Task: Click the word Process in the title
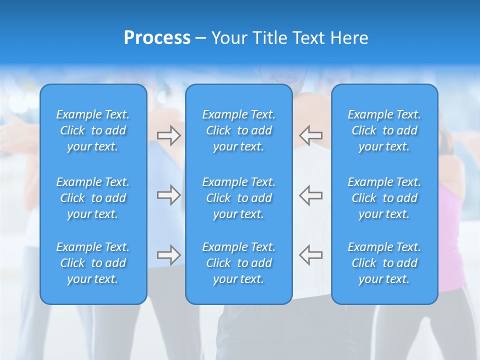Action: tap(157, 38)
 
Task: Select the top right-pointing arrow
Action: tap(168, 135)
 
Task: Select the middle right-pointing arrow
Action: tap(168, 195)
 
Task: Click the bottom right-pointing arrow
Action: tap(168, 255)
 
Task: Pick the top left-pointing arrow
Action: tap(310, 135)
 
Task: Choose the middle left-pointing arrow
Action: tap(310, 195)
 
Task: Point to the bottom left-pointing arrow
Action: tap(310, 255)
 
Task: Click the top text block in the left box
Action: tap(93, 130)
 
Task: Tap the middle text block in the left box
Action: tap(93, 198)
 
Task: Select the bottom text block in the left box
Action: tap(93, 263)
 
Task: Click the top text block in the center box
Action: tap(238, 130)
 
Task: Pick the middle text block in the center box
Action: tap(238, 198)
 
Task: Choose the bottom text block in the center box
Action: tap(238, 263)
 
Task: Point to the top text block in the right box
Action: tap(384, 130)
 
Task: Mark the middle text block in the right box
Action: tap(384, 198)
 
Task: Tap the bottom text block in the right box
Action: tap(384, 263)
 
